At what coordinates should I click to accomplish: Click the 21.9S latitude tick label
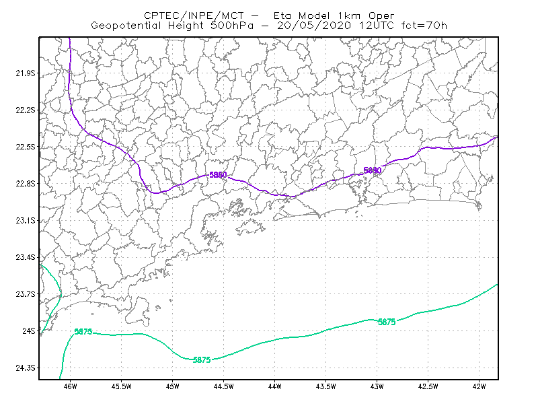[x=26, y=73]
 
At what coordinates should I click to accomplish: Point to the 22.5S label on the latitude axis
[x=26, y=147]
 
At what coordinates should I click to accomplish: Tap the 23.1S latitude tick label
[x=26, y=221]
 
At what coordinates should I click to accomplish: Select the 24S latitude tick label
[x=29, y=331]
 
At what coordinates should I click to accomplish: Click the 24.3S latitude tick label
[x=26, y=368]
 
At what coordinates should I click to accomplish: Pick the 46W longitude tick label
[x=71, y=386]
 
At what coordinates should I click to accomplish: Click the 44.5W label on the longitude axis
[x=223, y=386]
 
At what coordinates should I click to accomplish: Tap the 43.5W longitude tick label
[x=325, y=386]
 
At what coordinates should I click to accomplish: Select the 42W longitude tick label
[x=479, y=386]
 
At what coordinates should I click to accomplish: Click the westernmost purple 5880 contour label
[x=218, y=175]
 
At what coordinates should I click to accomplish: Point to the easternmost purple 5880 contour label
[x=373, y=170]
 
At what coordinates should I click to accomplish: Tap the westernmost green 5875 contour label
[x=83, y=331]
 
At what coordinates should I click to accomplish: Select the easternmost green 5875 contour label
[x=387, y=322]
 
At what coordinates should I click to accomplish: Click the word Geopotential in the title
[x=126, y=26]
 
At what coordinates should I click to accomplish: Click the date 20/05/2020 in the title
[x=314, y=26]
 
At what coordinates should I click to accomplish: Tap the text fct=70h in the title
[x=424, y=26]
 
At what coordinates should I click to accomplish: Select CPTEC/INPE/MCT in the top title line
[x=194, y=15]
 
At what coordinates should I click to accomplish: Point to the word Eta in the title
[x=282, y=15]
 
